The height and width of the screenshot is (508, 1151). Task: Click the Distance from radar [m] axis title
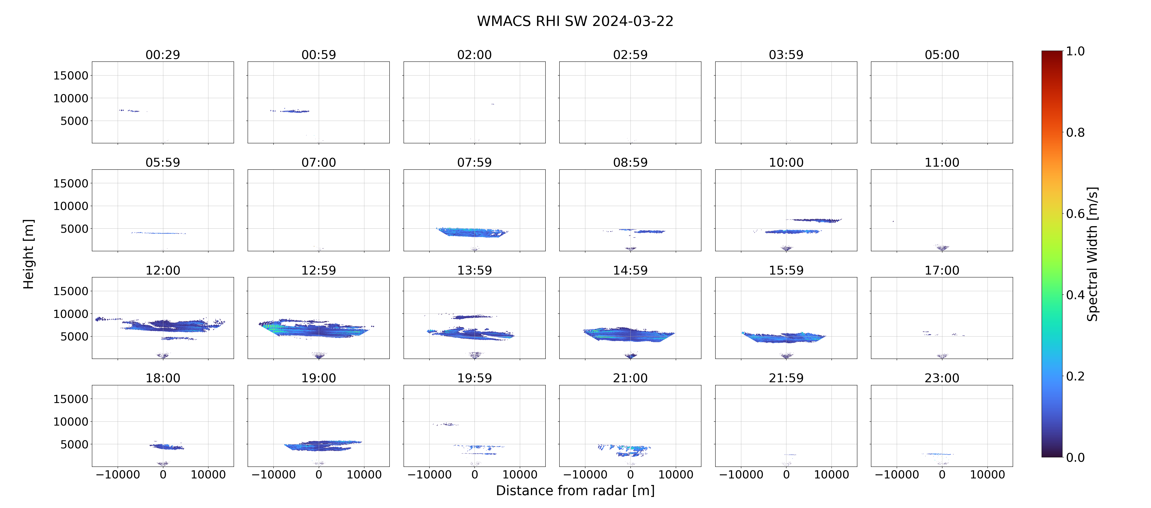click(x=575, y=491)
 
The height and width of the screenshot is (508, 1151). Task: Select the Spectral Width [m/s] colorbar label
click(x=1092, y=254)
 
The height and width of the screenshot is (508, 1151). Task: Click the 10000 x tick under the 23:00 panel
click(x=987, y=474)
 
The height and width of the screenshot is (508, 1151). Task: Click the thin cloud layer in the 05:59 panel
click(x=159, y=233)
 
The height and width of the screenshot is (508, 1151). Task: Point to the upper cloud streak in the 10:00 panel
click(x=814, y=220)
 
